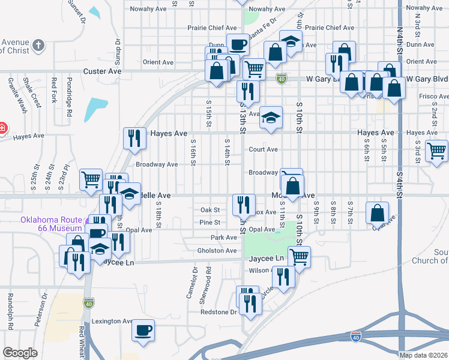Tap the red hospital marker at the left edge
[2, 128]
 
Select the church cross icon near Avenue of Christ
[37, 46]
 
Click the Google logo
[20, 353]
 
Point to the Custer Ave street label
[103, 71]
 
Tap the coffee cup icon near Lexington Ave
[143, 330]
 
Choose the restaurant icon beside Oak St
[244, 205]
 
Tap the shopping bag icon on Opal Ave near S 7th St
[376, 212]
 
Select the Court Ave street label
[264, 149]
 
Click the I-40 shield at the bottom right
[356, 338]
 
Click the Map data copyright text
[424, 355]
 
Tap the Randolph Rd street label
[10, 311]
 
